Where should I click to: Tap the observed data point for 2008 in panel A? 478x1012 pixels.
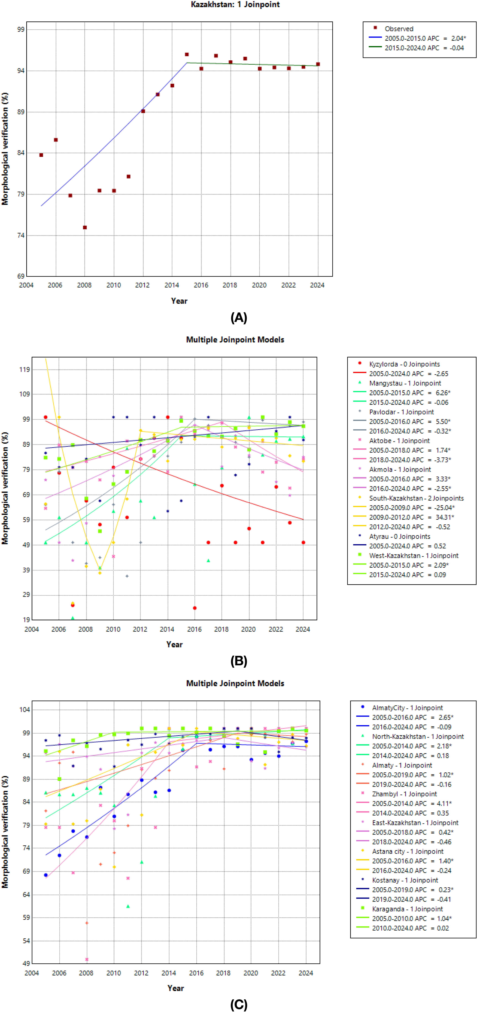85,227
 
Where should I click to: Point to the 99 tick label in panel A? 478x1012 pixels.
20,29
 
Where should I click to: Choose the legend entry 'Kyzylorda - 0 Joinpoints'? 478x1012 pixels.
404,364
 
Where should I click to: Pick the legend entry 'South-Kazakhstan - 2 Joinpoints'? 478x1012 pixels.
416,498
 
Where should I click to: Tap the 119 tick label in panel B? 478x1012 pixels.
24,369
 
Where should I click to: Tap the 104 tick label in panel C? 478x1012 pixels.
24,709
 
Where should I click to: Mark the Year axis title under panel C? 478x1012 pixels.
176,988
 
